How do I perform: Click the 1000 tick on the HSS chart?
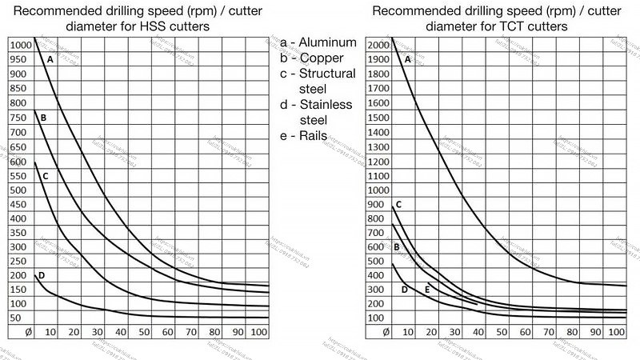(20, 44)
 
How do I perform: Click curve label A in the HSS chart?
(50, 59)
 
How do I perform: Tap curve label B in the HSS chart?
(43, 118)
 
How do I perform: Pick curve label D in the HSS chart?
(41, 276)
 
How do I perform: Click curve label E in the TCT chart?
(428, 289)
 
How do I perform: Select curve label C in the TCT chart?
(398, 205)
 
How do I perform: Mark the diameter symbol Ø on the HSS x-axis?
(28, 332)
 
